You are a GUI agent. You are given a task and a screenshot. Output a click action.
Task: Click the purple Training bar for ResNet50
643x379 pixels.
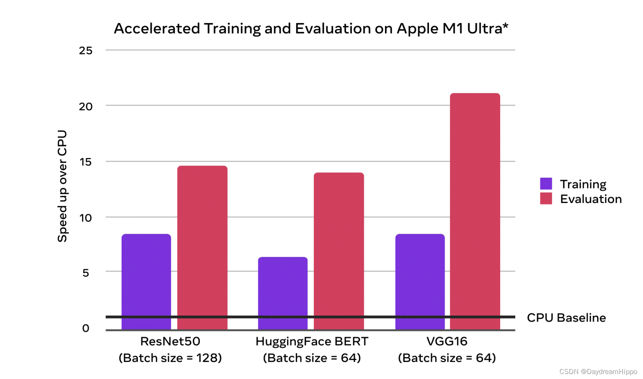pos(146,281)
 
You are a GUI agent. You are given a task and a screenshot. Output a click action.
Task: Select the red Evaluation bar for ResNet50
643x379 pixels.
pos(202,247)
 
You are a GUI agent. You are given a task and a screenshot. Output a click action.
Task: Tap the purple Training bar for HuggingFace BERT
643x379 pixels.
pos(283,293)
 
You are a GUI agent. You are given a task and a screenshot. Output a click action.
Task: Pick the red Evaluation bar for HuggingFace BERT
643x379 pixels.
pos(338,250)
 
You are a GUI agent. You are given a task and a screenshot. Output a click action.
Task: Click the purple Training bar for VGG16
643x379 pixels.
pos(420,281)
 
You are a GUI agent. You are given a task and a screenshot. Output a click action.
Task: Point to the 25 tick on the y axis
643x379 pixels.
pos(85,50)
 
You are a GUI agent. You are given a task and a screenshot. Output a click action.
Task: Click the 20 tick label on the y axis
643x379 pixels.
pos(85,106)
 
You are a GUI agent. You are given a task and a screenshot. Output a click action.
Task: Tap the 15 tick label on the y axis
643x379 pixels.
pos(85,162)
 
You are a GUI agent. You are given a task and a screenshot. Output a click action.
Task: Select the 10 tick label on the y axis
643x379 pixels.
pos(85,218)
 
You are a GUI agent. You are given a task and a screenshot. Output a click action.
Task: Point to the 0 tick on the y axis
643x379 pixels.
pos(85,328)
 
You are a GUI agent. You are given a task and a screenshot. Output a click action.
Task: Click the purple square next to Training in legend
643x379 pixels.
pos(546,184)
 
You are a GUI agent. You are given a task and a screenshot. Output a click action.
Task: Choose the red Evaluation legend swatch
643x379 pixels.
pos(546,199)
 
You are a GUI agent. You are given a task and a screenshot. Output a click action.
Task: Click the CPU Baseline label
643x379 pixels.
pos(566,318)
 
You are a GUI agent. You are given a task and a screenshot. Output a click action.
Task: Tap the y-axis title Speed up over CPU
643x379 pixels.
pos(62,186)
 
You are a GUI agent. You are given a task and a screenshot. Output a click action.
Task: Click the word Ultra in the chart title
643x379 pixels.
pos(484,29)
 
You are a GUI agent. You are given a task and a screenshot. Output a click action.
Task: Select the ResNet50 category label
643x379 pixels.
pos(170,341)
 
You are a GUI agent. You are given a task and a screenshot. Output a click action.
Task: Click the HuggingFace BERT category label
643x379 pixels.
pos(312,341)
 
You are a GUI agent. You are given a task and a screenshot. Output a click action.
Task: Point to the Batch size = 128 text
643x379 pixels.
pos(170,358)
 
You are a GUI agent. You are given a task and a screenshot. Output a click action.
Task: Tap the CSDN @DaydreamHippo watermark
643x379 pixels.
pos(598,371)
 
